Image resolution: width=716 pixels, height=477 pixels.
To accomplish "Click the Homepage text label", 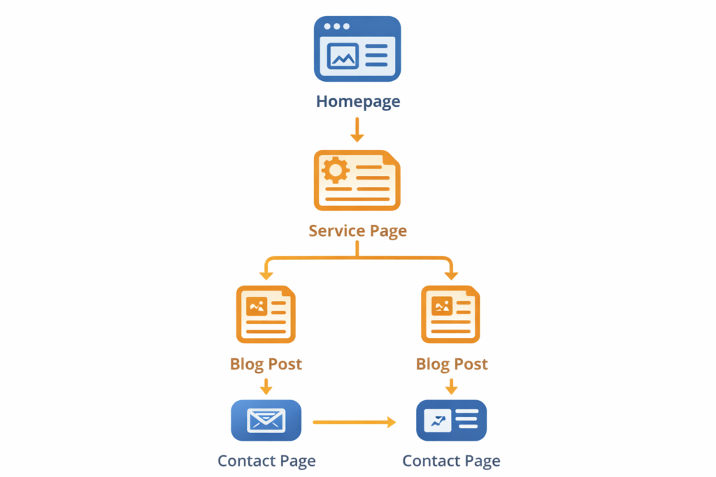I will click(357, 101).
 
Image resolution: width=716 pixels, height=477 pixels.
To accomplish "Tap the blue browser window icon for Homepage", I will click(357, 49).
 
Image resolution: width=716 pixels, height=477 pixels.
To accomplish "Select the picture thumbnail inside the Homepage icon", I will click(343, 56).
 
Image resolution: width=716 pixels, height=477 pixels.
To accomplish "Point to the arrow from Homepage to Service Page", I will click(357, 130).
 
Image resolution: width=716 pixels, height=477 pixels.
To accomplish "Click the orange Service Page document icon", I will click(357, 180).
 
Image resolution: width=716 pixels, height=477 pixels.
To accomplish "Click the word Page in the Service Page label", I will click(388, 231).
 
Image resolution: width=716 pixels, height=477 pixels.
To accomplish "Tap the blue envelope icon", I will click(266, 420).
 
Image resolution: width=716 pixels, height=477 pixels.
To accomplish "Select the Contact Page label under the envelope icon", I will click(266, 461).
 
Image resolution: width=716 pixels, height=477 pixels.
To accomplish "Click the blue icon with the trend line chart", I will click(451, 420).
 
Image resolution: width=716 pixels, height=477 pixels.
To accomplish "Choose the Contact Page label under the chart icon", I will click(451, 461).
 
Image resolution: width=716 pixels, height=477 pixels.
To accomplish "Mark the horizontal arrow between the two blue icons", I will click(354, 422).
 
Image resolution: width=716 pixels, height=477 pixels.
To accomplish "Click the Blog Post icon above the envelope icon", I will click(266, 314).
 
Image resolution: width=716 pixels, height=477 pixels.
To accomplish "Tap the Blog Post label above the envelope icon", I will click(266, 364).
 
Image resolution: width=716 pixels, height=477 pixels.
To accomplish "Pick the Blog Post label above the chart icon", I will click(451, 364).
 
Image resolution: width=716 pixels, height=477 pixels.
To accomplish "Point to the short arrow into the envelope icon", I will click(266, 386).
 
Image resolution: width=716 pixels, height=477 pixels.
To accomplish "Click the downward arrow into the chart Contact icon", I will click(451, 386).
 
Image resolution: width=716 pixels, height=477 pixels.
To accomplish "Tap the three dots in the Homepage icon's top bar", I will click(336, 27).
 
